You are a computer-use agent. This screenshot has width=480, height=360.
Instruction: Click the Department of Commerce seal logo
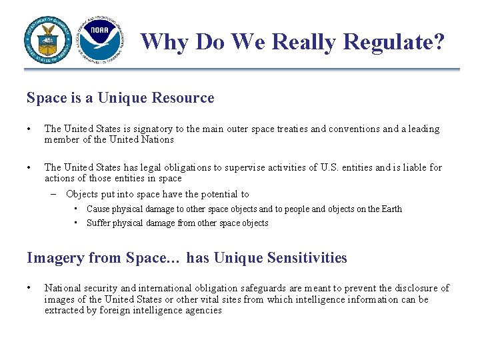coord(47,39)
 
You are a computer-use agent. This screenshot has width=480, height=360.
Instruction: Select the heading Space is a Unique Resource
coord(120,98)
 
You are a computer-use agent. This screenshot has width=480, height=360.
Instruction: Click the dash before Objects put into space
coord(53,194)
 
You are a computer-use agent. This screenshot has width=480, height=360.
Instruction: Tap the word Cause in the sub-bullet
coord(99,209)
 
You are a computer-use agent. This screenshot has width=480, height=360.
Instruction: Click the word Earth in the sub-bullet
coord(391,209)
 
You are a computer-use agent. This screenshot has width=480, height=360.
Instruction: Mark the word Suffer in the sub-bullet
coord(99,223)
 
